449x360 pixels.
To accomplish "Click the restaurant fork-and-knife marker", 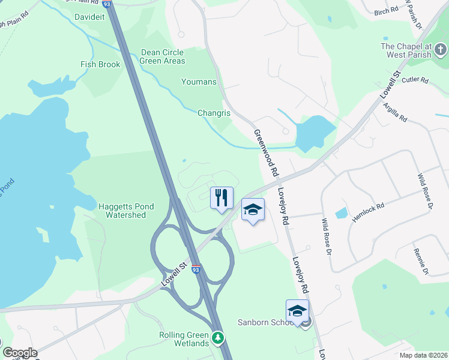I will click(221, 197).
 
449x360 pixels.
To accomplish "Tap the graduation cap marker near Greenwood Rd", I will click(253, 209).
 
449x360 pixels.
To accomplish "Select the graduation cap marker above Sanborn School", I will click(297, 310).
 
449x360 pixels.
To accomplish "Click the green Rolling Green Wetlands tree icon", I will click(217, 339).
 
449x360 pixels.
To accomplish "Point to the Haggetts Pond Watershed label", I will click(126, 211).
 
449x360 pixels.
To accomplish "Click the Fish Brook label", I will click(100, 64).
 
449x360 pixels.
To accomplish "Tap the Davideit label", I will click(89, 17).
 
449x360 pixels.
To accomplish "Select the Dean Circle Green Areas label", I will click(163, 56).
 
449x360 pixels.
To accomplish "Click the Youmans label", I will click(199, 81).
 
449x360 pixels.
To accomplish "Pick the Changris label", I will click(215, 112).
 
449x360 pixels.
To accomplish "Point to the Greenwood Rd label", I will click(267, 153).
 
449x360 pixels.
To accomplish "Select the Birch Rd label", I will click(386, 11).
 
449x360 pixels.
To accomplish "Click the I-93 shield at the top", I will click(107, 4).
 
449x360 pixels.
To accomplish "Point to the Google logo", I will click(20, 353).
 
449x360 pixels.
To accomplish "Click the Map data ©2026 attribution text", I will click(423, 355).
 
